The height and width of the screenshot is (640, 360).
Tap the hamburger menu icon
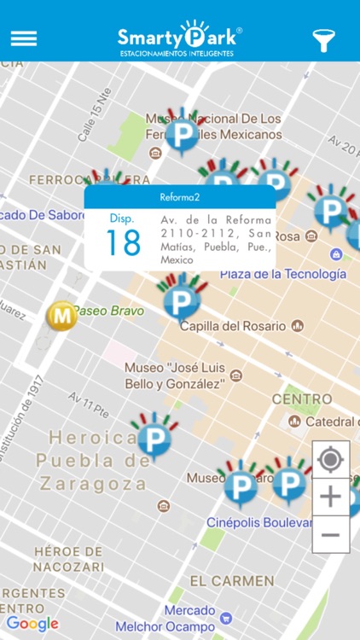click(x=24, y=38)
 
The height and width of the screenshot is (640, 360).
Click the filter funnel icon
click(x=324, y=39)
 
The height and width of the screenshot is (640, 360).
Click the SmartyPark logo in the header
click(x=179, y=38)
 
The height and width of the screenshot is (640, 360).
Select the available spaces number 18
click(x=122, y=242)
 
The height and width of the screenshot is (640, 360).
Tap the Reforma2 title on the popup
click(x=179, y=197)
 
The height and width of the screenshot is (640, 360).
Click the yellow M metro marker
click(x=61, y=316)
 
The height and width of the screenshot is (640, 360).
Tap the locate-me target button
click(x=330, y=460)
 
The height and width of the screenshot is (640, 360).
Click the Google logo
click(x=32, y=624)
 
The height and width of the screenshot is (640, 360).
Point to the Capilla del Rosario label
click(x=232, y=325)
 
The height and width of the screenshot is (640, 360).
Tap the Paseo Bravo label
click(x=108, y=311)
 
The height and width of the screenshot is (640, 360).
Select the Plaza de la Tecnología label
click(x=283, y=274)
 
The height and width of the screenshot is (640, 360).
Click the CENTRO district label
click(x=302, y=399)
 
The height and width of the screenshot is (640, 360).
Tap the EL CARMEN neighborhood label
click(x=232, y=581)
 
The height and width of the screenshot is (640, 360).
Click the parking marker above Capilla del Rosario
click(x=180, y=300)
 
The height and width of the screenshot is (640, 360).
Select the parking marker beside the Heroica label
click(x=154, y=438)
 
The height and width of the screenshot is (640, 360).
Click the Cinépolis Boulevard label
click(x=259, y=521)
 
